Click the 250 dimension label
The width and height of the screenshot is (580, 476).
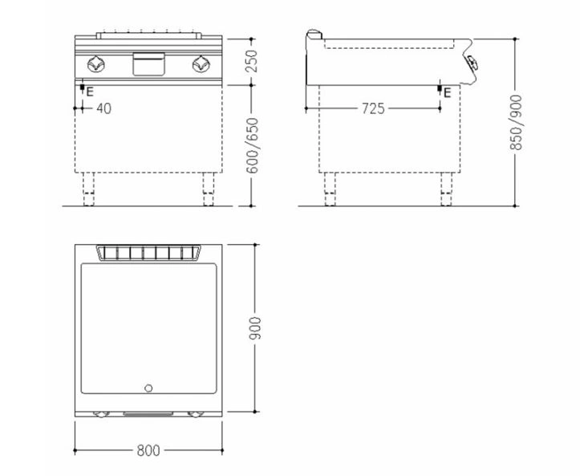[251, 62]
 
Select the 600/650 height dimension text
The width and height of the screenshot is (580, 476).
[253, 145]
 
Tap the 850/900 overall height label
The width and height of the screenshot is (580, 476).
[516, 123]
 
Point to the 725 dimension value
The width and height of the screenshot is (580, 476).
[373, 108]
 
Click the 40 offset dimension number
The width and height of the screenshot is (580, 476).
[103, 108]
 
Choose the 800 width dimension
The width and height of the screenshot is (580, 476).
[148, 450]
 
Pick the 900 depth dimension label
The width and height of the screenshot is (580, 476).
[255, 328]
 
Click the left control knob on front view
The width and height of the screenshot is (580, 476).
[95, 64]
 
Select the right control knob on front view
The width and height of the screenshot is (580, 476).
[201, 64]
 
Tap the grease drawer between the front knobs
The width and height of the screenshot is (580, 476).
[148, 63]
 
